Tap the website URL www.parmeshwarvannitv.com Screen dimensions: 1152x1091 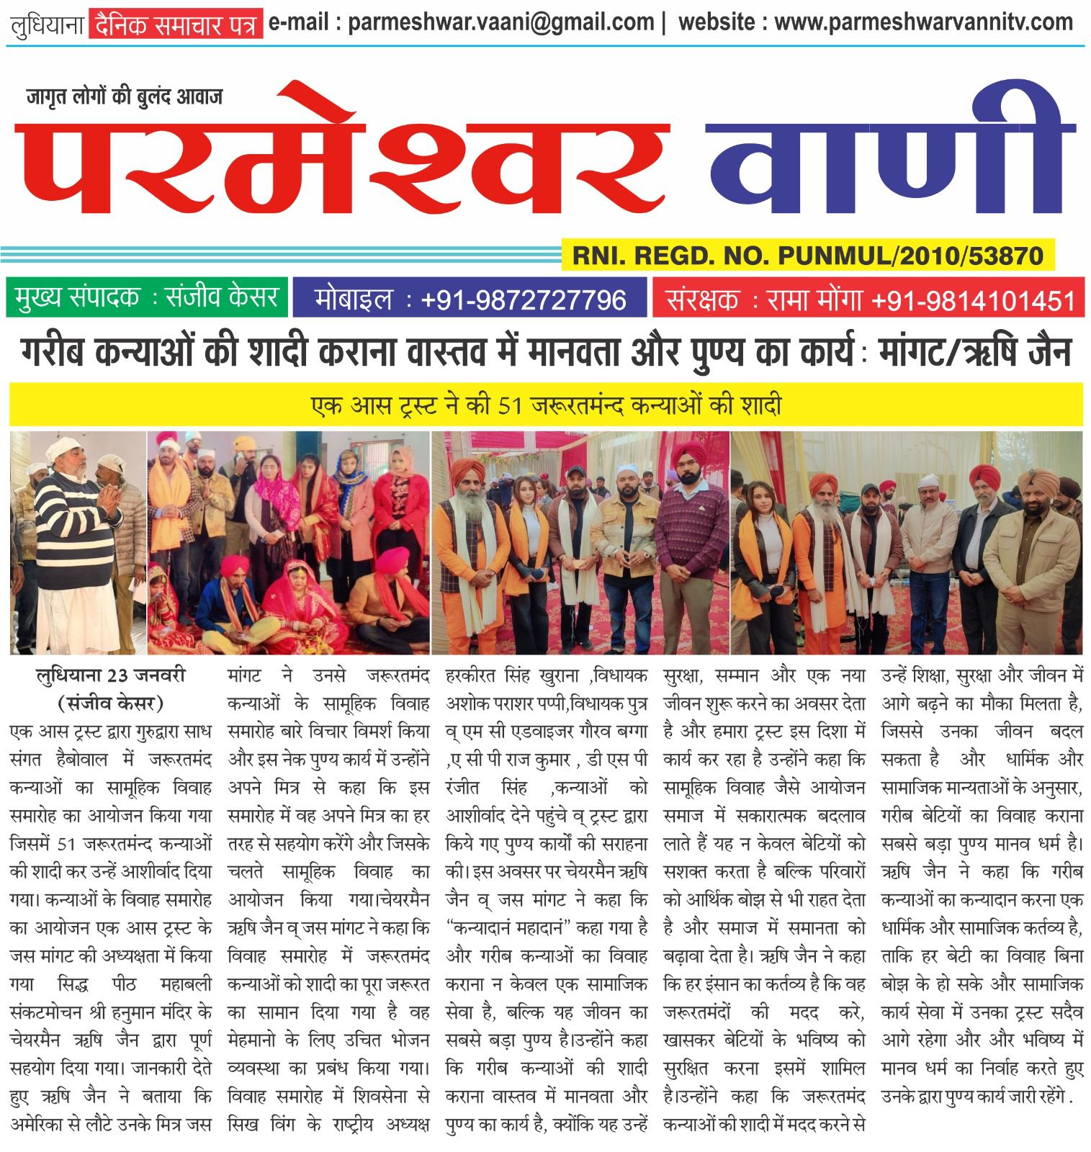(x=924, y=22)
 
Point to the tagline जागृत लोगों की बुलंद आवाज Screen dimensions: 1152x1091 (x=125, y=96)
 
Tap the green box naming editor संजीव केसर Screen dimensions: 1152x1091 (x=147, y=297)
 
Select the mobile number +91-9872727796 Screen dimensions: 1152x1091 (x=523, y=299)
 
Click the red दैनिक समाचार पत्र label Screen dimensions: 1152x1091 (x=175, y=25)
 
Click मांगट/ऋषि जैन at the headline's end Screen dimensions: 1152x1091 (x=976, y=353)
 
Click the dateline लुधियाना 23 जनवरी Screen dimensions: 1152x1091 (x=111, y=675)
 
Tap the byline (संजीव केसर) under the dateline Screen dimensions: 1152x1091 (x=111, y=702)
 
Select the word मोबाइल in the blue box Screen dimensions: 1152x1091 (x=354, y=299)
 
